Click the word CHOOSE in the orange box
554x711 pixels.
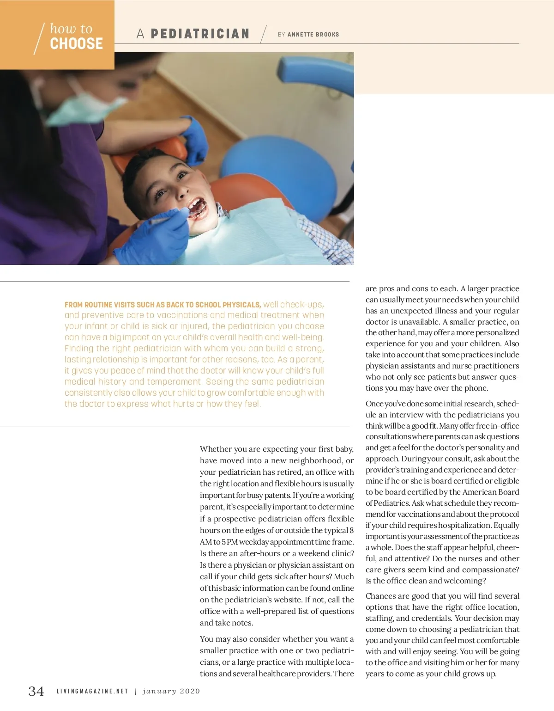tap(76, 44)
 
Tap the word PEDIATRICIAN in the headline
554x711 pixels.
tap(200, 34)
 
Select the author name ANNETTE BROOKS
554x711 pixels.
tap(313, 35)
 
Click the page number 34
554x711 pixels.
tap(36, 691)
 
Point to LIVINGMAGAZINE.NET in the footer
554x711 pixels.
tap(92, 692)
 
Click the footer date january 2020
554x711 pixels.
tap(171, 692)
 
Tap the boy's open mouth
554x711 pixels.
tap(198, 208)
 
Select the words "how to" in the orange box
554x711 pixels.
tap(71, 29)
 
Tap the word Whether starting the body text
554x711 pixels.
tap(216, 449)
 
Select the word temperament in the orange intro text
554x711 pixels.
tap(175, 382)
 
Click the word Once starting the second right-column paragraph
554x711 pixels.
tap(374, 404)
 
